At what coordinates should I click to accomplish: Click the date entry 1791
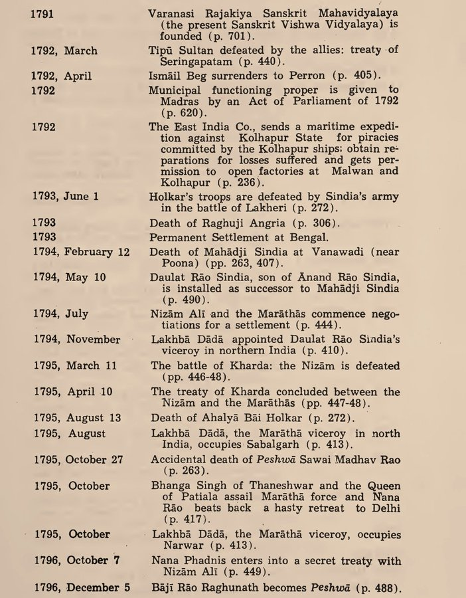pos(42,13)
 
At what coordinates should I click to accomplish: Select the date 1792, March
pos(64,51)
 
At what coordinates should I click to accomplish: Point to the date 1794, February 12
pos(81,252)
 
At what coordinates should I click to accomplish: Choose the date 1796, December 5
pos(82,587)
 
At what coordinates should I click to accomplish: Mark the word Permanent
pos(179,237)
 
